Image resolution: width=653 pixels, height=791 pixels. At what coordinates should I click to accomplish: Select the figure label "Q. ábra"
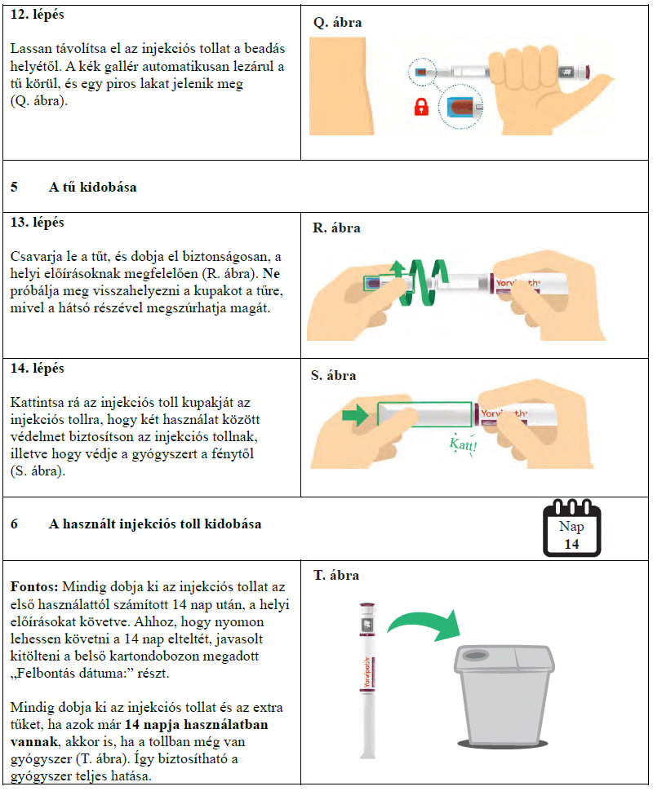click(x=337, y=23)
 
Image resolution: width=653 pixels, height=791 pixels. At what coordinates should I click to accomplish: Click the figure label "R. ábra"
click(x=337, y=228)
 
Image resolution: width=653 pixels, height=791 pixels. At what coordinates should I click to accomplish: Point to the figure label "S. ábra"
click(x=335, y=376)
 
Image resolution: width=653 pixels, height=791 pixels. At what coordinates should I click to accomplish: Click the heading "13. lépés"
click(x=37, y=223)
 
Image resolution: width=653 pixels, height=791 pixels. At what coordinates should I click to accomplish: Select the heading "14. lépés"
click(x=37, y=369)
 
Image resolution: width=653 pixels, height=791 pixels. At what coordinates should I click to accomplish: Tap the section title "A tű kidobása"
click(x=92, y=187)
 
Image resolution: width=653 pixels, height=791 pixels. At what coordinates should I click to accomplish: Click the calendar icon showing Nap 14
click(x=571, y=528)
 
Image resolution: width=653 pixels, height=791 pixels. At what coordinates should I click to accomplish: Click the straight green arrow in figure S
click(x=356, y=415)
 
